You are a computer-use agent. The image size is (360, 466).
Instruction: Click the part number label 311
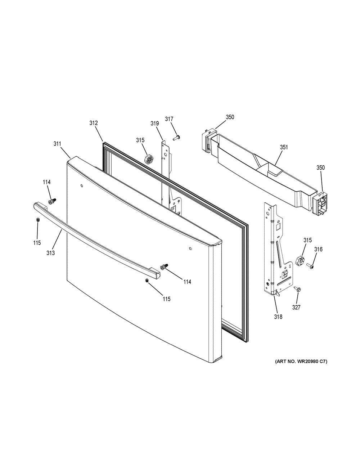pyautogui.click(x=57, y=144)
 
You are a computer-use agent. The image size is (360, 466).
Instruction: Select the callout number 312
pyautogui.click(x=94, y=123)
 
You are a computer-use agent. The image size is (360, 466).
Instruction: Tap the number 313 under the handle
pyautogui.click(x=50, y=253)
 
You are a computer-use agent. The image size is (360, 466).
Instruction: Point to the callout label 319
pyautogui.click(x=155, y=124)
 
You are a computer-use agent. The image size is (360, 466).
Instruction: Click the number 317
pyautogui.click(x=169, y=119)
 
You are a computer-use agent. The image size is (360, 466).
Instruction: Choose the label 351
pyautogui.click(x=284, y=147)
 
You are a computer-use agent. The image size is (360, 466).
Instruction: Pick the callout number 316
pyautogui.click(x=318, y=249)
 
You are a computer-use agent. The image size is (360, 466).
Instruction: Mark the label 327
pyautogui.click(x=297, y=307)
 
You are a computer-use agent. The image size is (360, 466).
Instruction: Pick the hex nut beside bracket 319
pyautogui.click(x=148, y=159)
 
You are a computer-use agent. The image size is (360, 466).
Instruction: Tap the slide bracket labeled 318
pyautogui.click(x=275, y=252)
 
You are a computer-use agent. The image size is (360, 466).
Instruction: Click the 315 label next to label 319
pyautogui.click(x=140, y=140)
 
